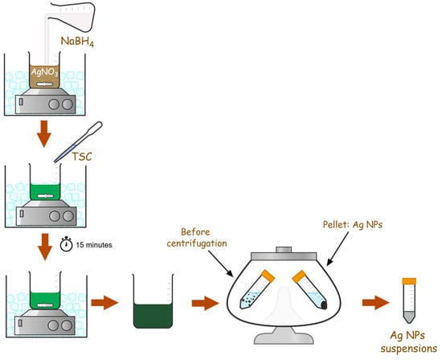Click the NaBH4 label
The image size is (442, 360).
pos(77,42)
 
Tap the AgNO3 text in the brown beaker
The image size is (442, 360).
pos(44,72)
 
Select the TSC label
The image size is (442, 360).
pos(82,157)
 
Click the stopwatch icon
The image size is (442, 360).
pos(67,243)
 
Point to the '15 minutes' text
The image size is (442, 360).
pos(94,245)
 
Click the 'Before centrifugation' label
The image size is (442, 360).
pos(196,238)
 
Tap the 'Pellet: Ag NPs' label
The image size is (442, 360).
pos(353,225)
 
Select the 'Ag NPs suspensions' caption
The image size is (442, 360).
pos(408,342)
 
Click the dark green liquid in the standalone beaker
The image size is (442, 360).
pos(153,316)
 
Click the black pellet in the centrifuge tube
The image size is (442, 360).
pos(324,305)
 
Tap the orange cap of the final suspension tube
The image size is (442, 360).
pos(409,280)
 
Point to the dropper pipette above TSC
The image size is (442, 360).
pos(78,141)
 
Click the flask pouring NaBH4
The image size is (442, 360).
pos(72,16)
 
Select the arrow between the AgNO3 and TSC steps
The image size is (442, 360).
pos(44,134)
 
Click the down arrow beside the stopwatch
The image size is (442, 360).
pos(45,247)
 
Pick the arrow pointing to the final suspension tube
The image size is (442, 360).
pos(376,302)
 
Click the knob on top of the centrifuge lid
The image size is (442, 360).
pos(284,249)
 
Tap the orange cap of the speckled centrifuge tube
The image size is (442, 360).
pos(268,276)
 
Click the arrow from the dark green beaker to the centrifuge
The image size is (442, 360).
pos(205,303)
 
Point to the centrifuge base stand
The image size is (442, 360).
pos(284,335)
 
